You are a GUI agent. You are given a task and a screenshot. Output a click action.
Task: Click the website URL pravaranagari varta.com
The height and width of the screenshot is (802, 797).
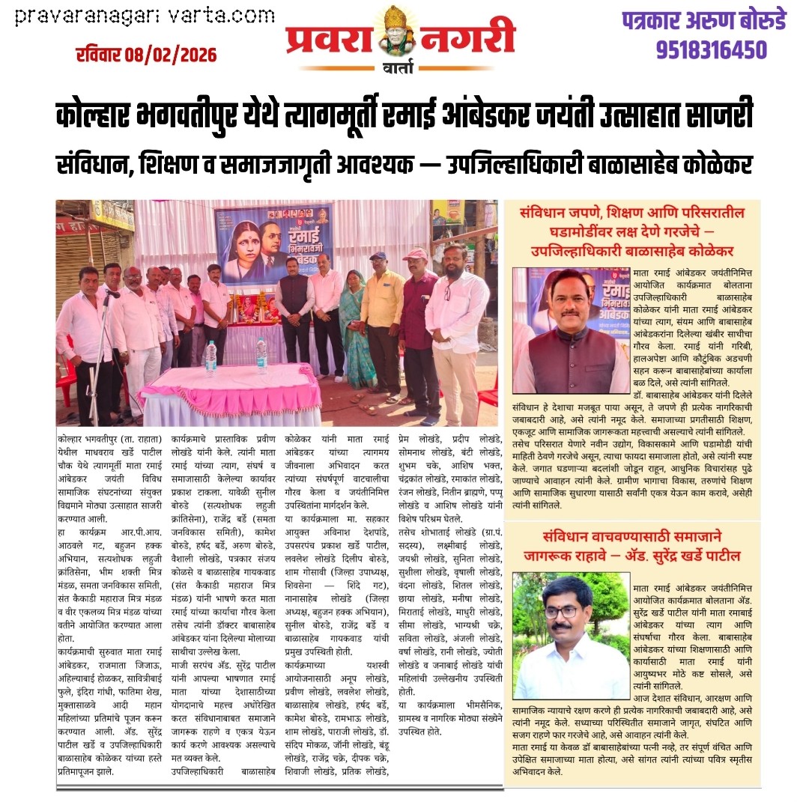click(x=145, y=15)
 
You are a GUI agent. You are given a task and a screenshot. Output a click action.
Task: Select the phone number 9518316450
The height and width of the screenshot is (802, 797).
click(x=711, y=50)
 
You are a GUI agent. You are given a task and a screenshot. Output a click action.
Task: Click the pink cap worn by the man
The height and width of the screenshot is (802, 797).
click(x=414, y=255)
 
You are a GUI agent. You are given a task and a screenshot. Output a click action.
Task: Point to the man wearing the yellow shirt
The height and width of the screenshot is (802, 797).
click(x=381, y=315)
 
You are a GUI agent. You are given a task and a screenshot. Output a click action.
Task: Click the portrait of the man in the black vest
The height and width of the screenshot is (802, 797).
click(x=572, y=330)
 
